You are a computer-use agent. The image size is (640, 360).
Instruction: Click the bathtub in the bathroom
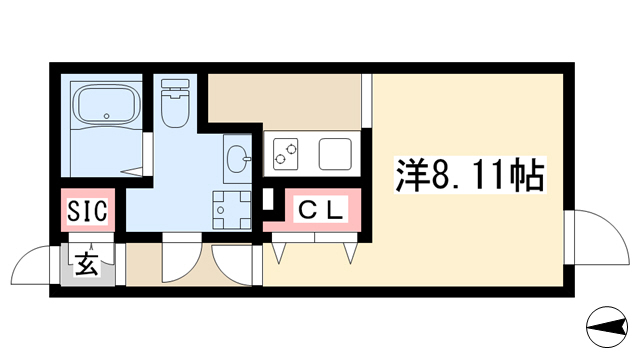click(x=107, y=104)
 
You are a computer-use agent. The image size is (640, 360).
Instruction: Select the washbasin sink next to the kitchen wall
click(x=237, y=158)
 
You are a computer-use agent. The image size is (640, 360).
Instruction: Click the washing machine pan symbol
click(x=231, y=211)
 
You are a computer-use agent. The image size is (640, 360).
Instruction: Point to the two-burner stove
click(x=285, y=154)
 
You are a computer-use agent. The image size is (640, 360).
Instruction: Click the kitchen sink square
click(x=335, y=154)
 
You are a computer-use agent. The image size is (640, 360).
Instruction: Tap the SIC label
click(x=87, y=210)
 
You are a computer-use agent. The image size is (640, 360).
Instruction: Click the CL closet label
click(x=321, y=209)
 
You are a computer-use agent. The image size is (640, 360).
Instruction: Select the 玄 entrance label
click(x=87, y=263)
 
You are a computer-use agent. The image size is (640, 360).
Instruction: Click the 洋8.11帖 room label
click(x=470, y=175)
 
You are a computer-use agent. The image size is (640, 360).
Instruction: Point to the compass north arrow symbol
click(x=607, y=327)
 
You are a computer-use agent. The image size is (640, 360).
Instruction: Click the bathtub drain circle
click(x=107, y=116)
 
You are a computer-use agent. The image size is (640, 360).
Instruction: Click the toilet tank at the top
click(x=176, y=84)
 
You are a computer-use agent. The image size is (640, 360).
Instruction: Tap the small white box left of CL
click(x=268, y=199)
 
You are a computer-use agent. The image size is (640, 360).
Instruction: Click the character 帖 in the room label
click(x=528, y=175)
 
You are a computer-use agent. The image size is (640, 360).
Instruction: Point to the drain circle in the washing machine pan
click(x=221, y=210)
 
